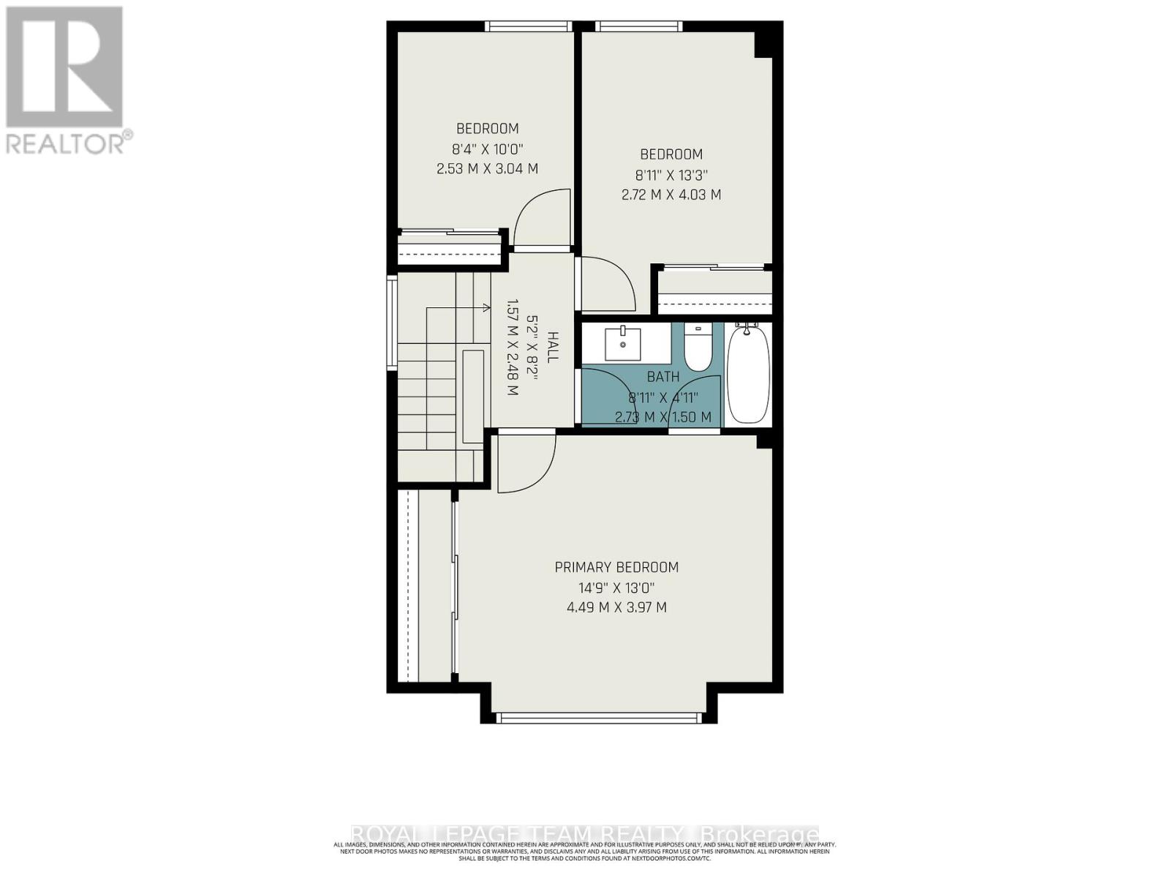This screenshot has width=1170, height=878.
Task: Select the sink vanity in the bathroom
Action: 623,344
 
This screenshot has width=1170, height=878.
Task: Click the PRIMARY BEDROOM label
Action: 616,567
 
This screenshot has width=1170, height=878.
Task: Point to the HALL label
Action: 553,347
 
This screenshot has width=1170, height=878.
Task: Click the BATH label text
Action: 663,377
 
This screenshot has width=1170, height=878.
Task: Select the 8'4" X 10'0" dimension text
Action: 487,149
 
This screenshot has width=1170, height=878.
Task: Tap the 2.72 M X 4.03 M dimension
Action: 671,195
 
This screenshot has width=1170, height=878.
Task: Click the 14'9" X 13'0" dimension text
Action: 616,588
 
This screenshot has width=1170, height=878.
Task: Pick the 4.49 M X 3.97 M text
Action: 616,607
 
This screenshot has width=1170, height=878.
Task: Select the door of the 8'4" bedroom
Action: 542,218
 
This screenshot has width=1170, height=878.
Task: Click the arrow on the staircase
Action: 484,308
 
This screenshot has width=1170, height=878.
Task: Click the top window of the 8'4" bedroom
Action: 528,26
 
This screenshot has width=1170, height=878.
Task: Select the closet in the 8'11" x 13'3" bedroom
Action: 714,291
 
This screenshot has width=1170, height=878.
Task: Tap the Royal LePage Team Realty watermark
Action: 585,835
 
